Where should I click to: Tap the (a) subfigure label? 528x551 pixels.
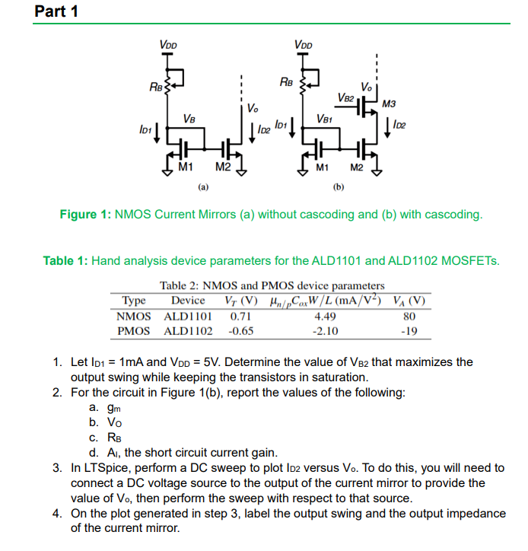click(202, 185)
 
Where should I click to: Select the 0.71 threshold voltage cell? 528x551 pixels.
click(240, 315)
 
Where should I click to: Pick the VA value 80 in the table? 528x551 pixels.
click(410, 315)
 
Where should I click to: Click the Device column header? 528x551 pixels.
click(188, 300)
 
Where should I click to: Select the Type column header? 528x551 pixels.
click(134, 300)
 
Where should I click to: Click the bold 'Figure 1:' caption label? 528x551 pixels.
click(85, 215)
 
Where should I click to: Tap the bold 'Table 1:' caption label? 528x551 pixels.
click(66, 261)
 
